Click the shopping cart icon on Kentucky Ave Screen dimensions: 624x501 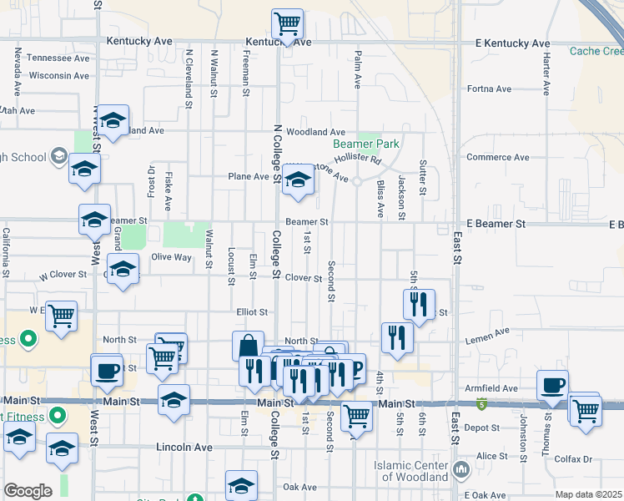287,24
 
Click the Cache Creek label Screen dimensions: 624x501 596,51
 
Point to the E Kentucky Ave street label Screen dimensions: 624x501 512,43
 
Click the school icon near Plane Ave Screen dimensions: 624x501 298,180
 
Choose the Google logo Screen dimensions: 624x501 28,491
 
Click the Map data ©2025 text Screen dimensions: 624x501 588,494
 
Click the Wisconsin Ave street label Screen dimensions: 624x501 58,75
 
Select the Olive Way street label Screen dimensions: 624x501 171,257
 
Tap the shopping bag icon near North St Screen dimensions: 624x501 249,347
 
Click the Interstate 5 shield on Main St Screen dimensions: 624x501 481,405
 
